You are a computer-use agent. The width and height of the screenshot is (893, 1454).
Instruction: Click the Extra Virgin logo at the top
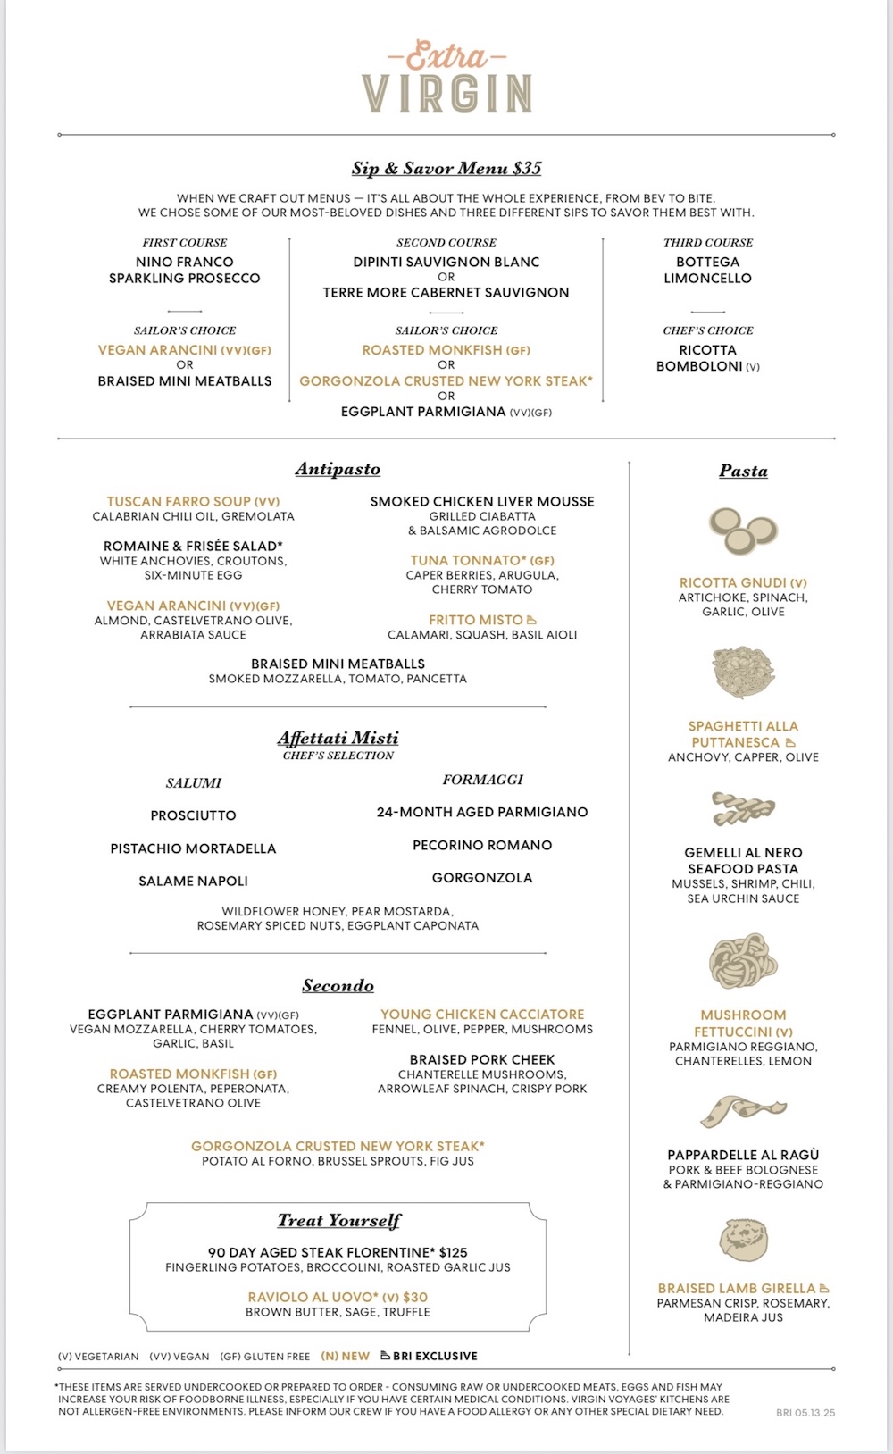(446, 79)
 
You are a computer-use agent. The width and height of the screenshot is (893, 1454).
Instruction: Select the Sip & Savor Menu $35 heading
(446, 168)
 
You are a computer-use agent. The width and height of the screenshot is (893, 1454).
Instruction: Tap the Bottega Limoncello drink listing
(708, 270)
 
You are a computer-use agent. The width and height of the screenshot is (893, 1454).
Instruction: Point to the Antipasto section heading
(338, 469)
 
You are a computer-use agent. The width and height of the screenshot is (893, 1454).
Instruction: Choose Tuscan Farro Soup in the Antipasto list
(193, 501)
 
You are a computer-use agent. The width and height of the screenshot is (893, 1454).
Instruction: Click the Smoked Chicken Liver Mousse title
(482, 501)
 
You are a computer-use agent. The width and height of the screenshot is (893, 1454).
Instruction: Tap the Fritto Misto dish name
(476, 620)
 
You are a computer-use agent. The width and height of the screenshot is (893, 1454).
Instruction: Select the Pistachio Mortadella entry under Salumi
(193, 848)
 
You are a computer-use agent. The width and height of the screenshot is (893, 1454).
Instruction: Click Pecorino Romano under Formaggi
(482, 845)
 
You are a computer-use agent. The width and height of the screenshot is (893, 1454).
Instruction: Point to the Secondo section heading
(338, 986)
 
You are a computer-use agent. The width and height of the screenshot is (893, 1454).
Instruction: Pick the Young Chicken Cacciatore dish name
(482, 1015)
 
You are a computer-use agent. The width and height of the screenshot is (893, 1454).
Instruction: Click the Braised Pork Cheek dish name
(482, 1059)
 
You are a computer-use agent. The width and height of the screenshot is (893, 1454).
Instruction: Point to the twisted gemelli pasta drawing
(743, 809)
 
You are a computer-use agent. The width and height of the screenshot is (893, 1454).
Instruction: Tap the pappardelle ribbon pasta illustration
(743, 1111)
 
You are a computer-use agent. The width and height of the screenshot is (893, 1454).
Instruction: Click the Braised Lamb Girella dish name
(737, 1288)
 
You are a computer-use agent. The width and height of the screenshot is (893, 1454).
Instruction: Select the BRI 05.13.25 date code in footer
(805, 1413)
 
